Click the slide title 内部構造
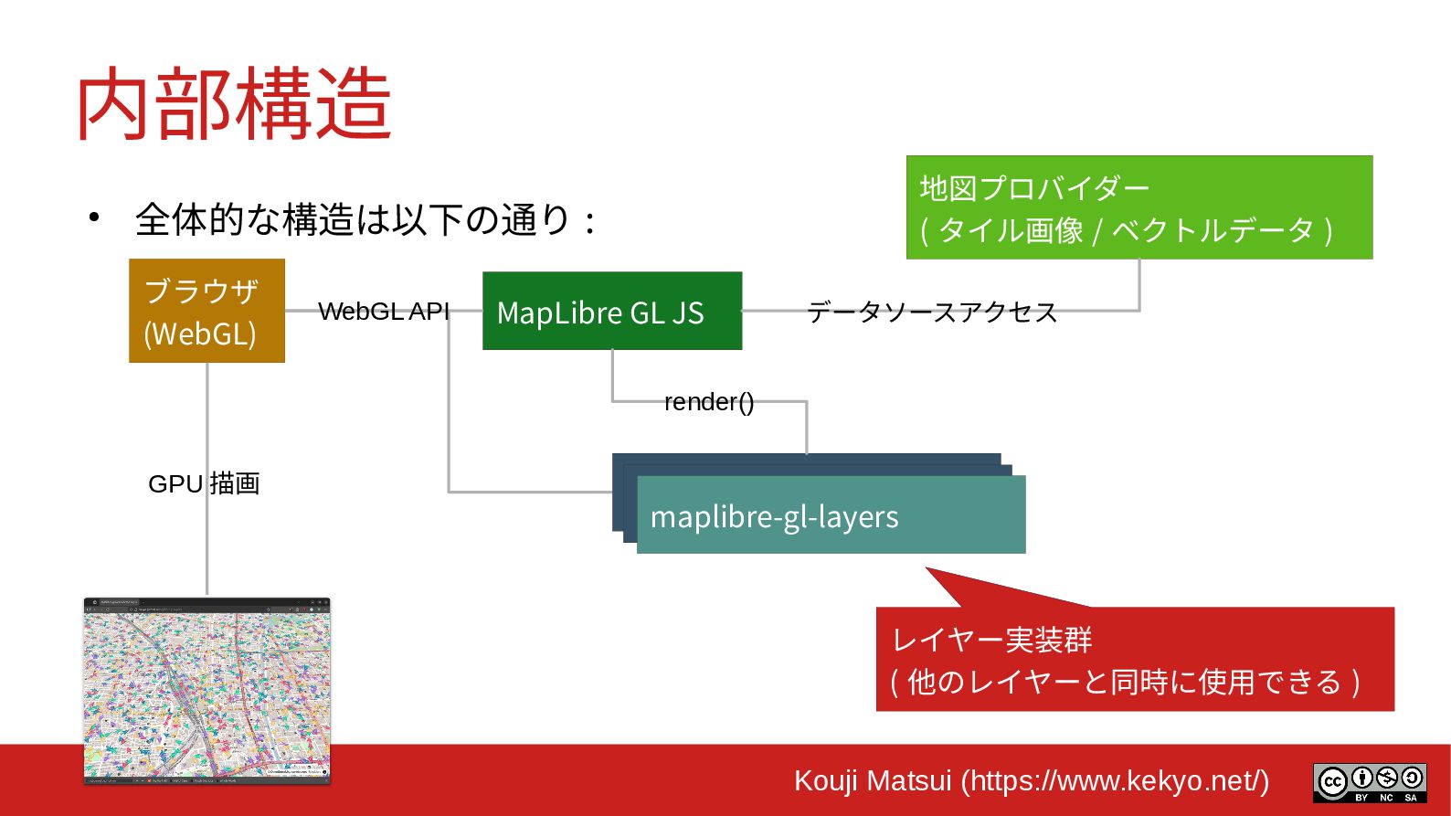pos(234,105)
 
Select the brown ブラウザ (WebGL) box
pos(207,311)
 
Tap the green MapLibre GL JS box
pos(611,311)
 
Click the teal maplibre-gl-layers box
pos(831,515)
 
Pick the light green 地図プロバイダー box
pos(1139,207)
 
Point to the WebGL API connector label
pos(384,312)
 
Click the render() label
pos(709,402)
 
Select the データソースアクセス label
pos(932,313)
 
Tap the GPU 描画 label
pos(204,483)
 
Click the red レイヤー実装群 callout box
pos(1134,659)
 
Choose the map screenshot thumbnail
pos(207,691)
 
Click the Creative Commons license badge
pos(1369,783)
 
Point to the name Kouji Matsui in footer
pos(873,781)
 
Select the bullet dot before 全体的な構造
pos(94,217)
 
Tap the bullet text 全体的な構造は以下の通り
pos(354,220)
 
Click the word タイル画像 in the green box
pos(1011,230)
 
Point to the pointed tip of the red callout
pos(927,569)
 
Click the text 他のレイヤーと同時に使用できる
pos(1124,682)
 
